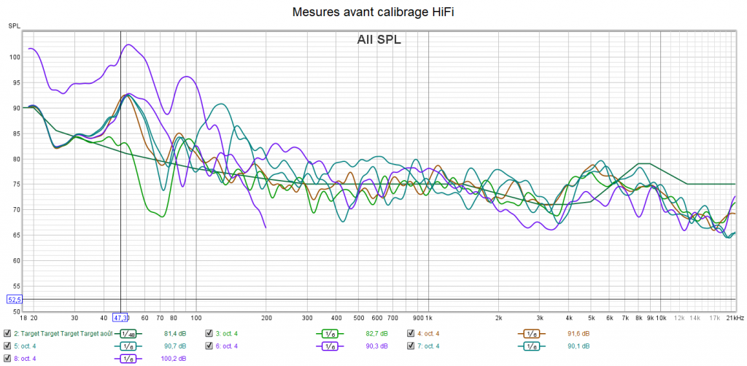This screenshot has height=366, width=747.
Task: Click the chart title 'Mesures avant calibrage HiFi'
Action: pos(373,12)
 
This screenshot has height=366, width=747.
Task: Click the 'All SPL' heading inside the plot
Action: pos(379,40)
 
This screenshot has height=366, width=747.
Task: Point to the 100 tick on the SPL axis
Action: pos(15,57)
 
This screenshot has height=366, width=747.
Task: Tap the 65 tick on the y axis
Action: pos(15,235)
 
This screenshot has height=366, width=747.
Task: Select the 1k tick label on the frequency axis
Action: pos(427,318)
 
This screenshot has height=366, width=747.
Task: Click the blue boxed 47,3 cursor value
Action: pos(121,318)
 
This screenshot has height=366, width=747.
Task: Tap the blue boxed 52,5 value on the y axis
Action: pos(15,299)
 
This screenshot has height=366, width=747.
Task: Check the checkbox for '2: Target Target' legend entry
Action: pos(7,333)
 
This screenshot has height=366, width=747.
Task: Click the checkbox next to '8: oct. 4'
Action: pos(7,358)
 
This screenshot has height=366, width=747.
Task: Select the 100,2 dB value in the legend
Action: pos(173,358)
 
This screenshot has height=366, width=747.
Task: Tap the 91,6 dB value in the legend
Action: pos(578,333)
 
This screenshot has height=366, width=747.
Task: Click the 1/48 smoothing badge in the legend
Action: pos(128,334)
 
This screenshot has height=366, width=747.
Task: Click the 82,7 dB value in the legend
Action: pos(375,333)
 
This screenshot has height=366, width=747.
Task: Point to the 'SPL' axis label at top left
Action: pos(15,26)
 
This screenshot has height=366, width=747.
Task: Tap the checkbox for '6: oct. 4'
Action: pos(209,346)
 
